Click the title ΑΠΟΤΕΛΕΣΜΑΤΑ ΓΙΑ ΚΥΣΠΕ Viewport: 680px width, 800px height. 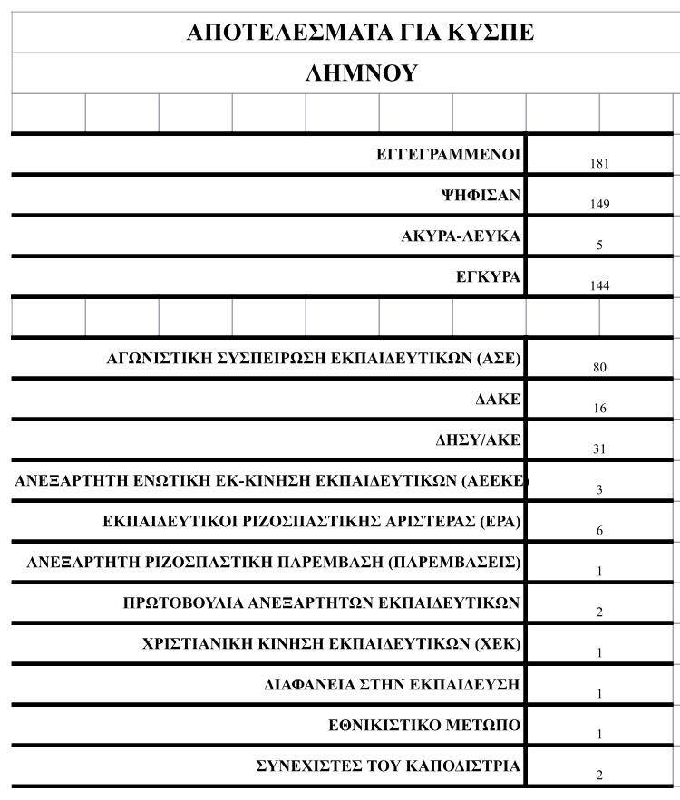[x=360, y=33]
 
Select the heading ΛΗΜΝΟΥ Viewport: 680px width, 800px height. [x=360, y=73]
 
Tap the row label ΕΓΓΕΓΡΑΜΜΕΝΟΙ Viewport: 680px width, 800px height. [x=448, y=155]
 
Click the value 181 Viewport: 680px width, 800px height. [x=598, y=164]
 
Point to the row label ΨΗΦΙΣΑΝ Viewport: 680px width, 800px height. [x=481, y=196]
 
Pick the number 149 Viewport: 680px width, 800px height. [x=598, y=205]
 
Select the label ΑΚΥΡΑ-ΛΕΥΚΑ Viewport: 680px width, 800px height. [x=461, y=236]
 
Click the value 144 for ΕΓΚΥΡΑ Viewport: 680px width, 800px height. [x=598, y=286]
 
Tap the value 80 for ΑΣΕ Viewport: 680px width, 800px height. [x=598, y=368]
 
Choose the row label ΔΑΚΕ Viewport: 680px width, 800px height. [x=498, y=400]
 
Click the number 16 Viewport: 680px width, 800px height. [x=599, y=409]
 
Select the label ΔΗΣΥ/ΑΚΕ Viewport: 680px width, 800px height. [x=478, y=440]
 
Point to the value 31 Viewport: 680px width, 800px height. [x=599, y=449]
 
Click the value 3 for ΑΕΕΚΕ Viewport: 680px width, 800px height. [x=599, y=490]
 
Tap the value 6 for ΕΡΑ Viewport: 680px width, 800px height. [x=599, y=531]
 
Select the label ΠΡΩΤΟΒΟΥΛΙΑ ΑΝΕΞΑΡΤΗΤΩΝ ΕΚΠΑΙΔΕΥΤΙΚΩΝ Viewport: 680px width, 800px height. [x=321, y=602]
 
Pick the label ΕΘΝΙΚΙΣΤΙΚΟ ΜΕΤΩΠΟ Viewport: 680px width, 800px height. [x=424, y=726]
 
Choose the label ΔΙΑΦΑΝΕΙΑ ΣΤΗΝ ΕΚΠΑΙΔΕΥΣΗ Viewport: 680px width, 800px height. [x=392, y=685]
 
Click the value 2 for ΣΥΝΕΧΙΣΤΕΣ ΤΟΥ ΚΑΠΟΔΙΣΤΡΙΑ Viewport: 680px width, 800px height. [x=599, y=776]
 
